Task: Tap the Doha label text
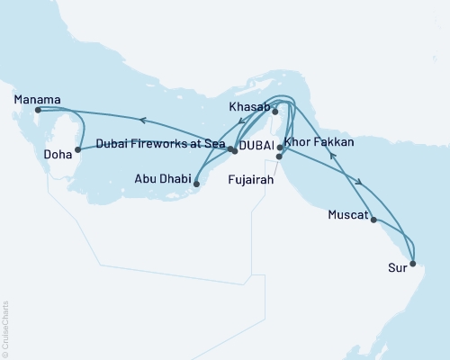[x=58, y=154]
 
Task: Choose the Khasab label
[x=249, y=107]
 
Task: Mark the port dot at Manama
[x=37, y=111]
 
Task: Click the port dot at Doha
[x=78, y=148]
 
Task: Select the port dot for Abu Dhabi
[x=196, y=182]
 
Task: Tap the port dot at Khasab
[x=275, y=112]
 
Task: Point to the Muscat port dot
[x=374, y=218]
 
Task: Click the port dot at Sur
[x=412, y=264]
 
